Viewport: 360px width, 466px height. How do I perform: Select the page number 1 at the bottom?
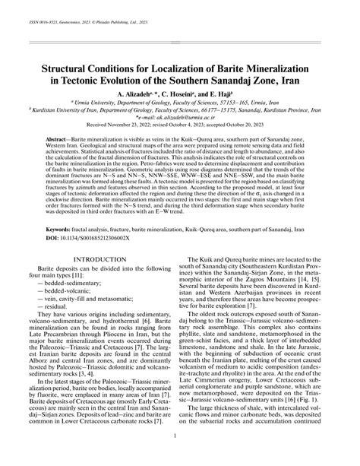coord(180,456)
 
